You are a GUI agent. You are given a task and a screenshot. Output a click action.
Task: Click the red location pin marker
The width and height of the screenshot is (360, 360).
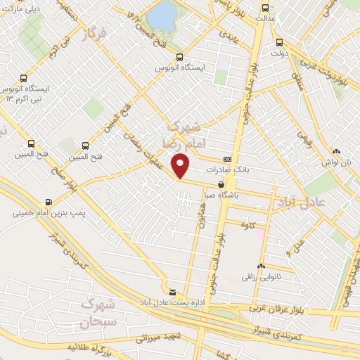181,165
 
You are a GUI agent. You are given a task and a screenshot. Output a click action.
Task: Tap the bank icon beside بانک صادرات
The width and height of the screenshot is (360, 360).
226,160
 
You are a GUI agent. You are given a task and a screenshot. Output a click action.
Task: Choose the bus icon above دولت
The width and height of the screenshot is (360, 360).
280,41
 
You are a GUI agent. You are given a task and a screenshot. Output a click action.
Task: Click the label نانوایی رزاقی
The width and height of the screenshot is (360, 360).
261,278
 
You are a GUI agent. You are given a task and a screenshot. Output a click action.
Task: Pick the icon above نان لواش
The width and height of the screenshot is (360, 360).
337,150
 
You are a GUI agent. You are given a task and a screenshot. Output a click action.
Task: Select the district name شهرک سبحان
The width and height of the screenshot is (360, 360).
97,314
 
